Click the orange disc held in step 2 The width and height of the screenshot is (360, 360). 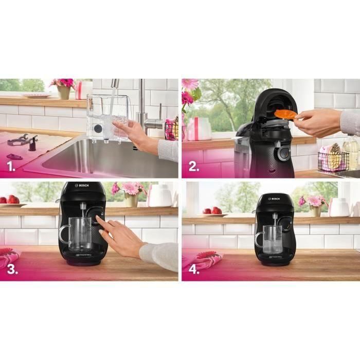pyautogui.click(x=284, y=113)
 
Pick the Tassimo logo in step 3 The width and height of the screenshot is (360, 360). pyautogui.click(x=83, y=254)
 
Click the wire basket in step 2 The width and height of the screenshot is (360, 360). pyautogui.click(x=333, y=160)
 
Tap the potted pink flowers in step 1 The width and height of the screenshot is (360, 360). pyautogui.click(x=63, y=88)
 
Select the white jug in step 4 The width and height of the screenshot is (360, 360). pyautogui.click(x=339, y=207)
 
